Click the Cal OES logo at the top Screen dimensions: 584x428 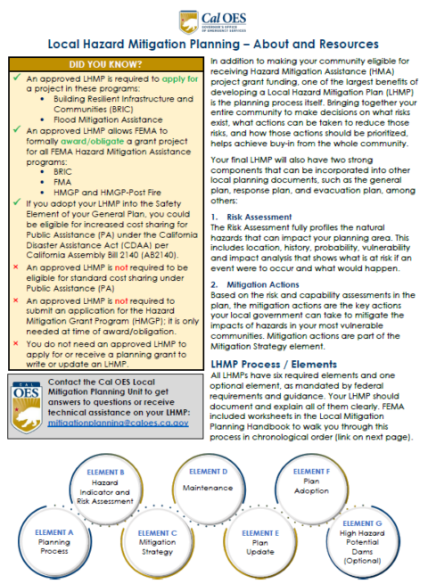(x=214, y=20)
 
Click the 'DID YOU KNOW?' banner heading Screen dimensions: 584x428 (x=103, y=66)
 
